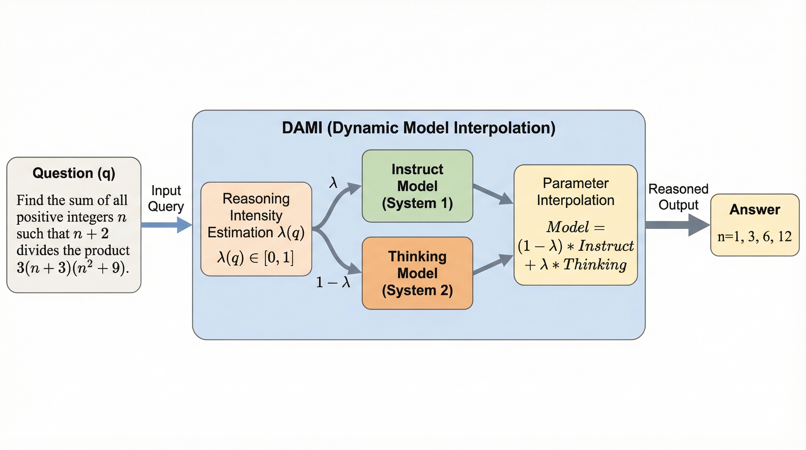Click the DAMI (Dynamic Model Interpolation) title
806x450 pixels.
click(x=418, y=128)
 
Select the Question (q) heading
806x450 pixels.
click(x=74, y=173)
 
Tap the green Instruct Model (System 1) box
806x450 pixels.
click(x=417, y=186)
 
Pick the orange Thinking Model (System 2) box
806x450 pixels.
click(x=417, y=273)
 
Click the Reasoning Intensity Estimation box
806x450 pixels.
click(x=256, y=229)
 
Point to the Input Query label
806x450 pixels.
click(x=166, y=198)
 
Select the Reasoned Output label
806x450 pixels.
click(x=678, y=197)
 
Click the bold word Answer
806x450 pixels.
click(x=755, y=209)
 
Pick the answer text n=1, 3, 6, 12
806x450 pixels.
click(x=754, y=237)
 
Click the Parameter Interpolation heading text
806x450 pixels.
click(x=576, y=192)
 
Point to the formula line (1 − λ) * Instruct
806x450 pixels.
click(x=576, y=246)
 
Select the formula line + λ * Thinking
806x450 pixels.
click(x=576, y=265)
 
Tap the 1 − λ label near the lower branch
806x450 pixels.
click(x=333, y=282)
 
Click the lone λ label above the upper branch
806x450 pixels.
click(x=333, y=183)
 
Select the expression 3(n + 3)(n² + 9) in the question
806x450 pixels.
click(x=73, y=267)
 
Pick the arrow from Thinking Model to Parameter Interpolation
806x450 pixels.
click(x=493, y=265)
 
